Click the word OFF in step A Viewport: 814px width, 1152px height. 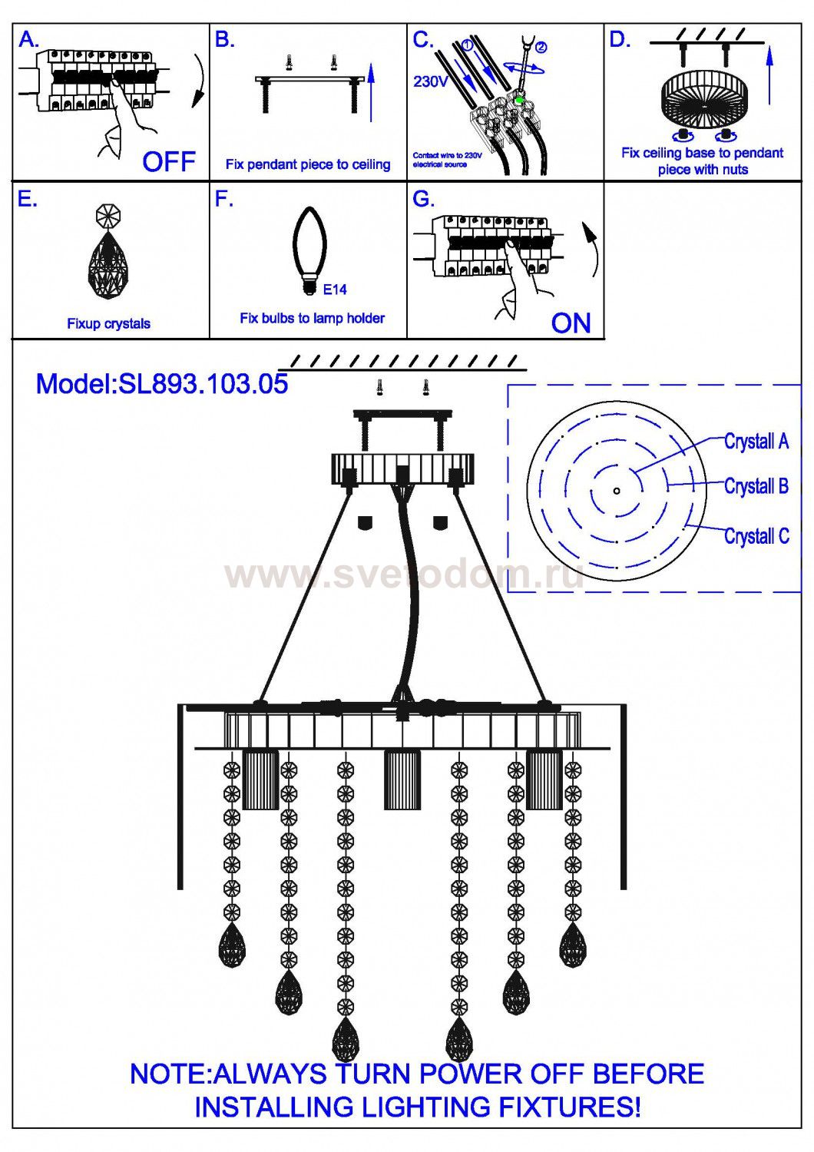pyautogui.click(x=169, y=161)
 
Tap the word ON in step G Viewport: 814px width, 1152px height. pyautogui.click(x=571, y=323)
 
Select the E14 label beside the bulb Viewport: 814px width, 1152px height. pyautogui.click(x=335, y=290)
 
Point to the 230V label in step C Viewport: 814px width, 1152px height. pyautogui.click(x=431, y=81)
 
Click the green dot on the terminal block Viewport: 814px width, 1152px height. pyautogui.click(x=520, y=99)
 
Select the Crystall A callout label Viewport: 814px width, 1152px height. pyautogui.click(x=756, y=442)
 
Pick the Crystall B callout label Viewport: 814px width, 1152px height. pyautogui.click(x=756, y=486)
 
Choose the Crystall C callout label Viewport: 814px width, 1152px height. pyautogui.click(x=756, y=536)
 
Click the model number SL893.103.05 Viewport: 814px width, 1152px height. pyautogui.click(x=203, y=384)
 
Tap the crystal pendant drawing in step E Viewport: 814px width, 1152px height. pyautogui.click(x=108, y=257)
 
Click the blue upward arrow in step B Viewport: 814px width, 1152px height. pyautogui.click(x=371, y=92)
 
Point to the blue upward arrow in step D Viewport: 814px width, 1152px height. pyautogui.click(x=770, y=74)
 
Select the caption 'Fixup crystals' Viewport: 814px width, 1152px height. pyautogui.click(x=108, y=323)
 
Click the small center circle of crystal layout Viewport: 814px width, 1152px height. pyautogui.click(x=617, y=490)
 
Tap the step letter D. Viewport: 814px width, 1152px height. pyautogui.click(x=619, y=40)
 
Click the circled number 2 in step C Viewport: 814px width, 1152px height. pyautogui.click(x=541, y=48)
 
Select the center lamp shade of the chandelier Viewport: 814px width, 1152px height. pyautogui.click(x=402, y=779)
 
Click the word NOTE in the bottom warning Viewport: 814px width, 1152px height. pyautogui.click(x=169, y=1074)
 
